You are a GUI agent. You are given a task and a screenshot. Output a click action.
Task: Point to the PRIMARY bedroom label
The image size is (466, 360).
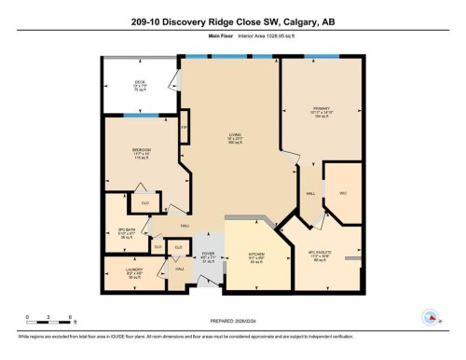point(322,110)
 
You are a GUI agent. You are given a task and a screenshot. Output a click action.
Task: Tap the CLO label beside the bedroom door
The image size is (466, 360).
point(145,202)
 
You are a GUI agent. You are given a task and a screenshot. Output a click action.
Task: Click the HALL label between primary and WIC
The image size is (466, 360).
point(308,194)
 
